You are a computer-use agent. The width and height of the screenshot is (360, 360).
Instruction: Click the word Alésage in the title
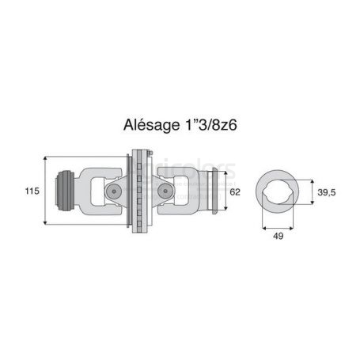[x=151, y=125]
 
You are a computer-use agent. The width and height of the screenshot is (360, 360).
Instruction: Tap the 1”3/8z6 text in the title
[x=210, y=125]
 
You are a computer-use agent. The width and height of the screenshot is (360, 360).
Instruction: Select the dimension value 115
[x=32, y=191]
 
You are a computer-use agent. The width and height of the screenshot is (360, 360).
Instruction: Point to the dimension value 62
[x=235, y=192]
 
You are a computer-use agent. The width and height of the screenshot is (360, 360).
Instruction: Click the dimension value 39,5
[x=327, y=192]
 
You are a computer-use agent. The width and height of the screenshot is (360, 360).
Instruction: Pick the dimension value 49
[x=279, y=236]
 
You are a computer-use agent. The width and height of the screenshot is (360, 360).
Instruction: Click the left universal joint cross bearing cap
[x=114, y=191]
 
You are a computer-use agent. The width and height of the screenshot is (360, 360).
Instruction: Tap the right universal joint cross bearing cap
[x=165, y=191]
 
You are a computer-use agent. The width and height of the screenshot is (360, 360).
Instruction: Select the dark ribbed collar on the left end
[x=65, y=191]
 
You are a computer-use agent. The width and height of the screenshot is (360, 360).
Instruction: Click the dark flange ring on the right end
[x=214, y=191]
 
